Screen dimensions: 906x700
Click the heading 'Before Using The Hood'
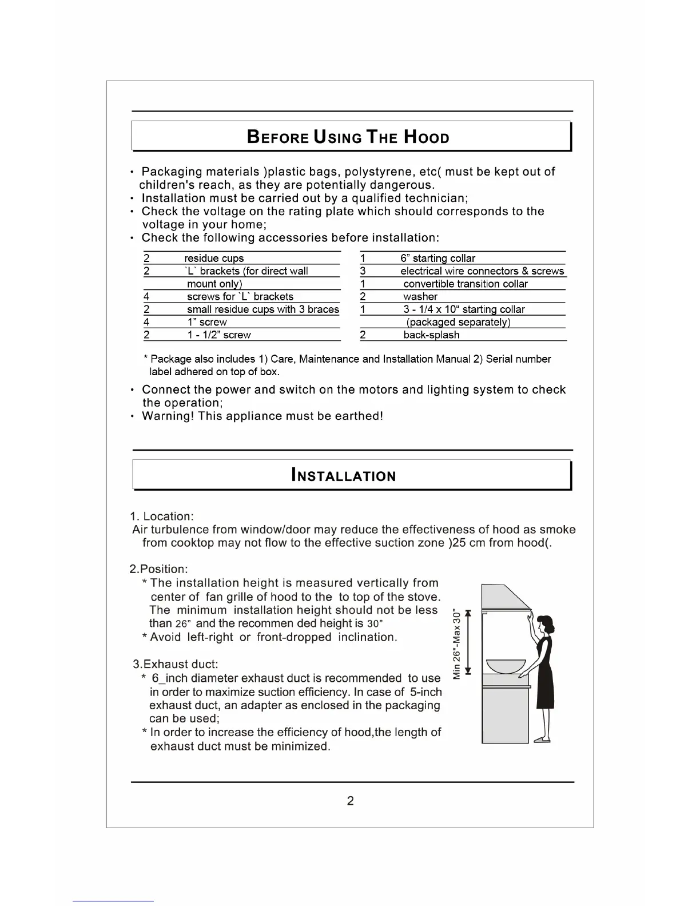coord(348,137)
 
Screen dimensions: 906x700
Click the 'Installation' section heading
coord(343,476)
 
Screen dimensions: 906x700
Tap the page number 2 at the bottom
coord(350,801)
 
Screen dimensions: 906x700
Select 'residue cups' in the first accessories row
coord(214,259)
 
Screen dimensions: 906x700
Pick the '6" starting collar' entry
coord(437,259)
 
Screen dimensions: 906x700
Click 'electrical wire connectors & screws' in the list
coord(482,271)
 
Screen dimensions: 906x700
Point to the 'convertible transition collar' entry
coord(465,284)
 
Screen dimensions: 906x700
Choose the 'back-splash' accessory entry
coord(431,335)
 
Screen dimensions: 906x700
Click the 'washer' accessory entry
coord(420,297)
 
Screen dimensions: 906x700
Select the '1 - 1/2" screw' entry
coord(219,335)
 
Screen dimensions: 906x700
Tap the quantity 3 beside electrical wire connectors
coord(363,271)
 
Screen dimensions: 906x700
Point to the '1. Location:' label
coord(162,516)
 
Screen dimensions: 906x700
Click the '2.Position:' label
coord(158,569)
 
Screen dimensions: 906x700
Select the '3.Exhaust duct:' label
coord(176,664)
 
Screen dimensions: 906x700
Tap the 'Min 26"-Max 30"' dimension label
coord(457,643)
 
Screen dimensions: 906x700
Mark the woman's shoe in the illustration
coord(542,740)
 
